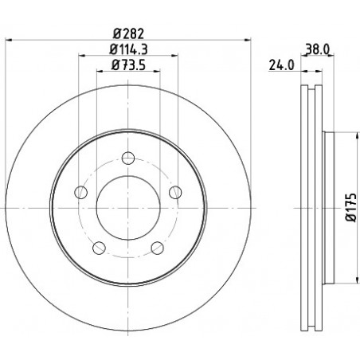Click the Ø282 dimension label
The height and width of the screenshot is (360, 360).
(x=128, y=33)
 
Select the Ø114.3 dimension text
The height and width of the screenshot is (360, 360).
(x=128, y=49)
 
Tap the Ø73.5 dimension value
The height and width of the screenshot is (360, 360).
(x=128, y=65)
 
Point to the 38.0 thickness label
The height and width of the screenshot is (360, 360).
(x=318, y=49)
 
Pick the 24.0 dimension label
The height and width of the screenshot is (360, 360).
(x=281, y=65)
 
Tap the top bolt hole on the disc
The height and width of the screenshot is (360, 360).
(x=128, y=158)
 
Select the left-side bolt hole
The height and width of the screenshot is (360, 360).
(x=81, y=192)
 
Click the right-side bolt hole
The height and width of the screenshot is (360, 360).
(x=175, y=192)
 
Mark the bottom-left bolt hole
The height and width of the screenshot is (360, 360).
(x=99, y=248)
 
